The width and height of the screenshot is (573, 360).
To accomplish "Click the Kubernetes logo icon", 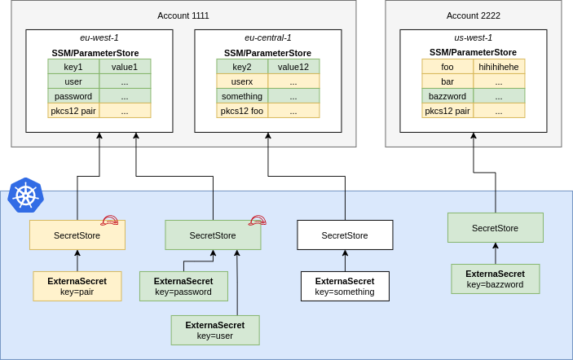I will [25, 195].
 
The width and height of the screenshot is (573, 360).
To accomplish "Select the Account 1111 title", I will [183, 15].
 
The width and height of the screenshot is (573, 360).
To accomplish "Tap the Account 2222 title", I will [473, 15].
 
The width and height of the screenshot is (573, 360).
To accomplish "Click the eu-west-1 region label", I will [99, 37].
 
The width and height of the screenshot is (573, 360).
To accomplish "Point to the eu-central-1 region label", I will [267, 37].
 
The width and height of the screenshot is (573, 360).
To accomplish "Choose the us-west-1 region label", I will [473, 37].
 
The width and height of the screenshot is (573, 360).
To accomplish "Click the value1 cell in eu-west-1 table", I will [125, 67].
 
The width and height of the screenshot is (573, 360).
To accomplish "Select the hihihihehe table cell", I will [499, 67].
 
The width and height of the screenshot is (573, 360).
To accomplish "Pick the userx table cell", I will [242, 81].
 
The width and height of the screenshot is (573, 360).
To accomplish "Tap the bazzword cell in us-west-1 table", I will [447, 96].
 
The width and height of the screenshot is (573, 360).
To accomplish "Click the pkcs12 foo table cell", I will [242, 111].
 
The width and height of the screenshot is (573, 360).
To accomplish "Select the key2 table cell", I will [242, 67].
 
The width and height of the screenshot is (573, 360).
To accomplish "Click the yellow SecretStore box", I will [77, 235].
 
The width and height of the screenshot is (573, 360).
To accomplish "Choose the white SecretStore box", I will [345, 235].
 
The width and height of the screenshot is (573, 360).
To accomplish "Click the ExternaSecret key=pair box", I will [77, 286].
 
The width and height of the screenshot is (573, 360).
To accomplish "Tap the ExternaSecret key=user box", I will [215, 330].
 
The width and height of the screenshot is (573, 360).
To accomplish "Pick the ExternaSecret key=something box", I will [345, 286].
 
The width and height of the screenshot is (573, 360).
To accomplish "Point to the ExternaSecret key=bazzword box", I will [495, 279].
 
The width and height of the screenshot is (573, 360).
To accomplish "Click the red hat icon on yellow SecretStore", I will [109, 221].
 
